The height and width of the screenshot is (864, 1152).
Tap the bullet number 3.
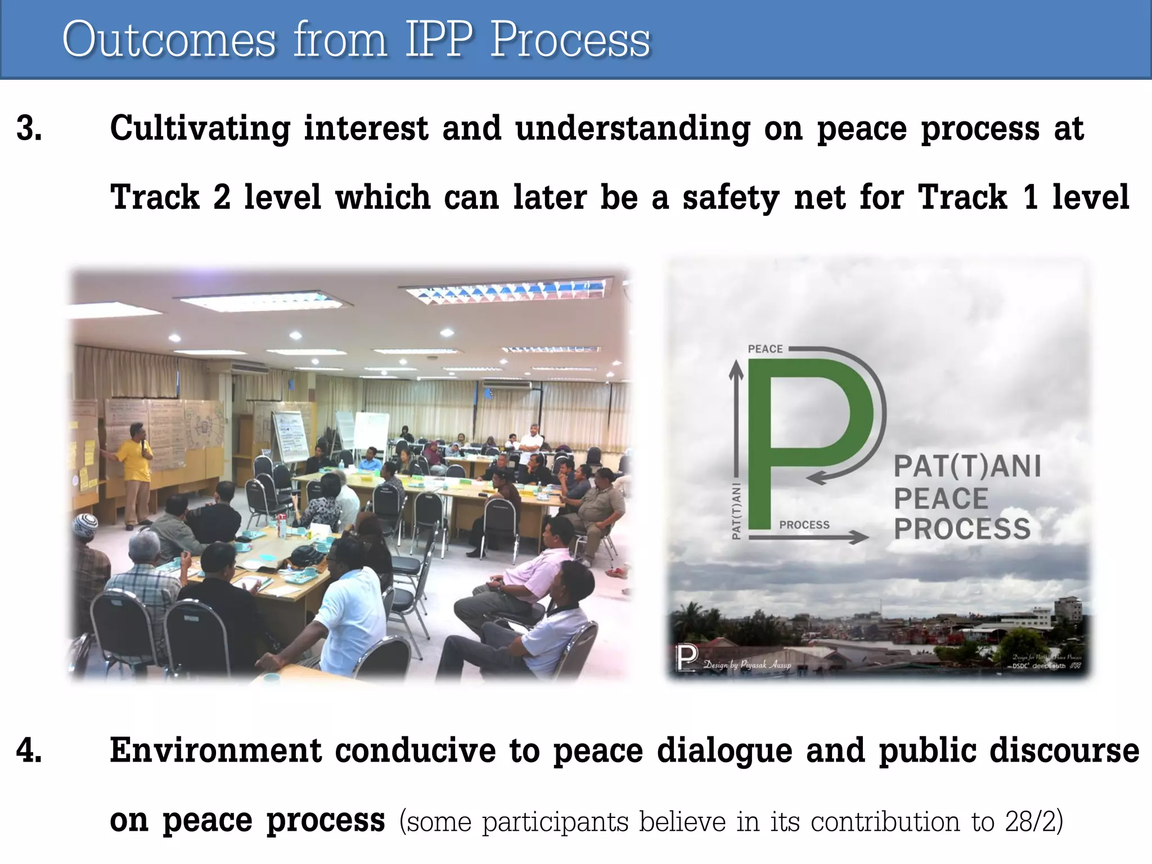click(x=29, y=128)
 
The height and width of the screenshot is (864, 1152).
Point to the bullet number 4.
click(x=29, y=750)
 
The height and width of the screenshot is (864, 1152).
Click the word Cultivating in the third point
click(x=200, y=128)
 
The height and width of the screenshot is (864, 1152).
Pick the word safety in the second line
click(x=731, y=198)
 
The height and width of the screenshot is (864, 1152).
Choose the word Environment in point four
click(x=215, y=750)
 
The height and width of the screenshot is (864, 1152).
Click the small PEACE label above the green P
click(x=765, y=349)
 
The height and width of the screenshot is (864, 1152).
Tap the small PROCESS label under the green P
click(x=804, y=525)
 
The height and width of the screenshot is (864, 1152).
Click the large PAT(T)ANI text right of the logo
click(x=967, y=466)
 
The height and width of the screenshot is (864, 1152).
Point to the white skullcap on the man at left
click(x=86, y=523)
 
